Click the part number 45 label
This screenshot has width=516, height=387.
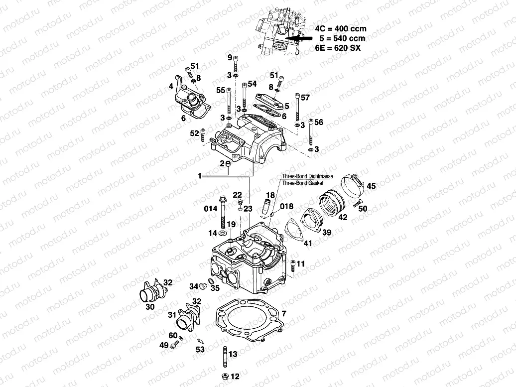(x=372, y=186)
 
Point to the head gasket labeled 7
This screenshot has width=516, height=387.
(x=248, y=320)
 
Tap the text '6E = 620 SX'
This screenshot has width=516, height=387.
(x=338, y=48)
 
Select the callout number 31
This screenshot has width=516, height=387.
(x=171, y=314)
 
